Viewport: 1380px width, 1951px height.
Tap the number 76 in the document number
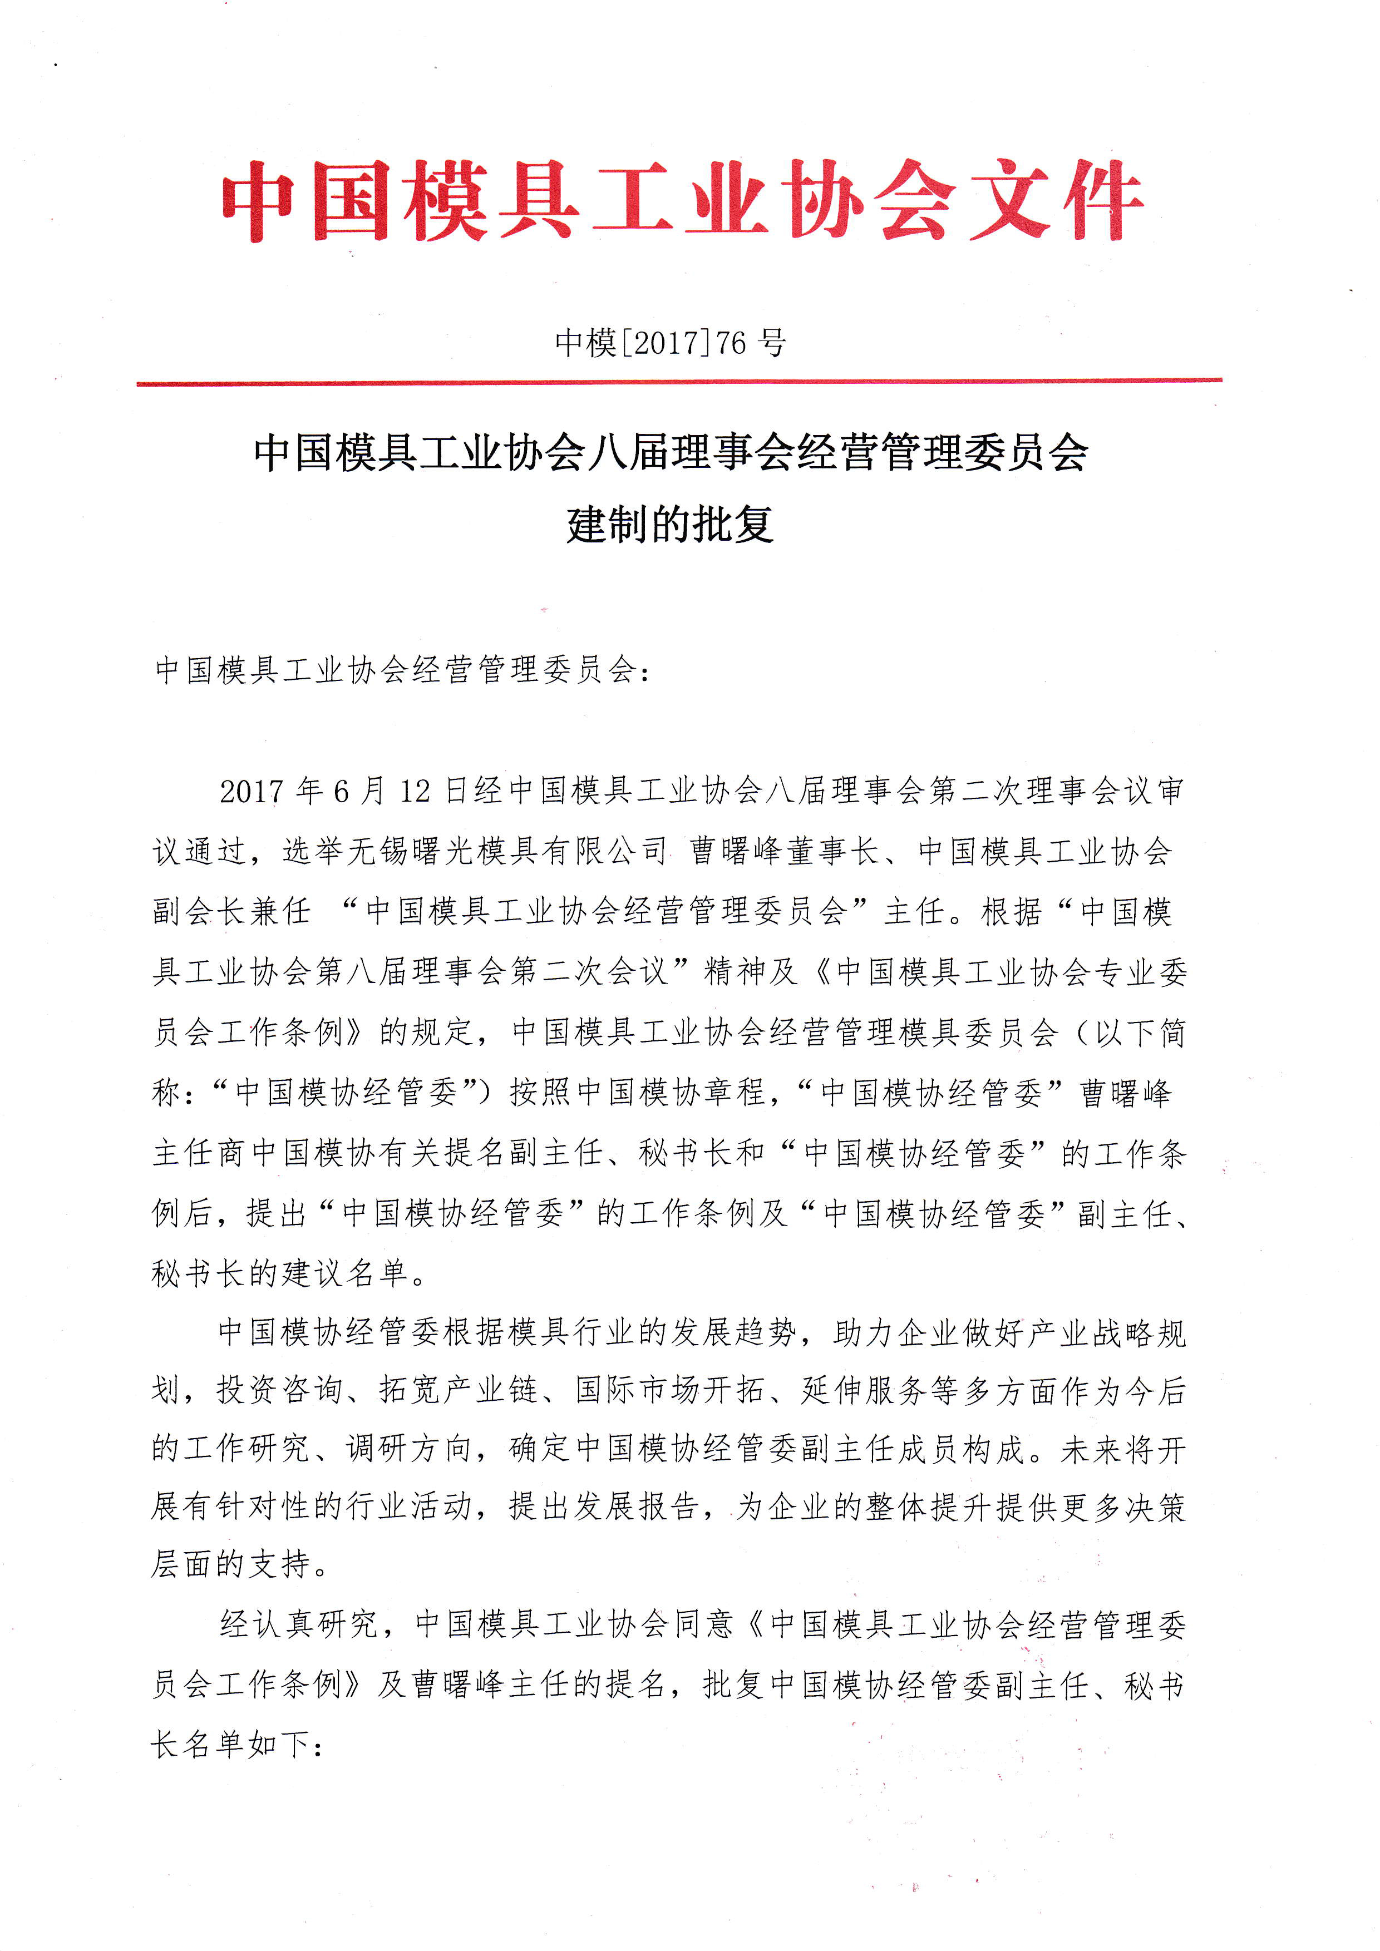[731, 343]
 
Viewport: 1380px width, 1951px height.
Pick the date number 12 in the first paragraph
[416, 791]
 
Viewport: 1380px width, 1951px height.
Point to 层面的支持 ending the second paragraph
[230, 1564]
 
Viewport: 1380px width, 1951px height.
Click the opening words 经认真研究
[297, 1624]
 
